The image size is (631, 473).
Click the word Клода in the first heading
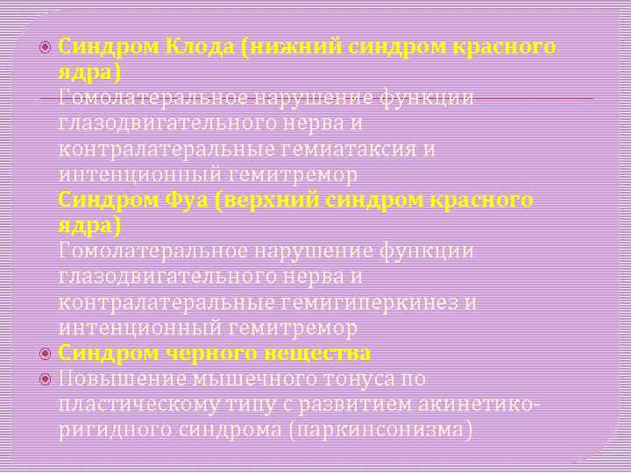coord(194,46)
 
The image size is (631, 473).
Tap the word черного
coord(201,353)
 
